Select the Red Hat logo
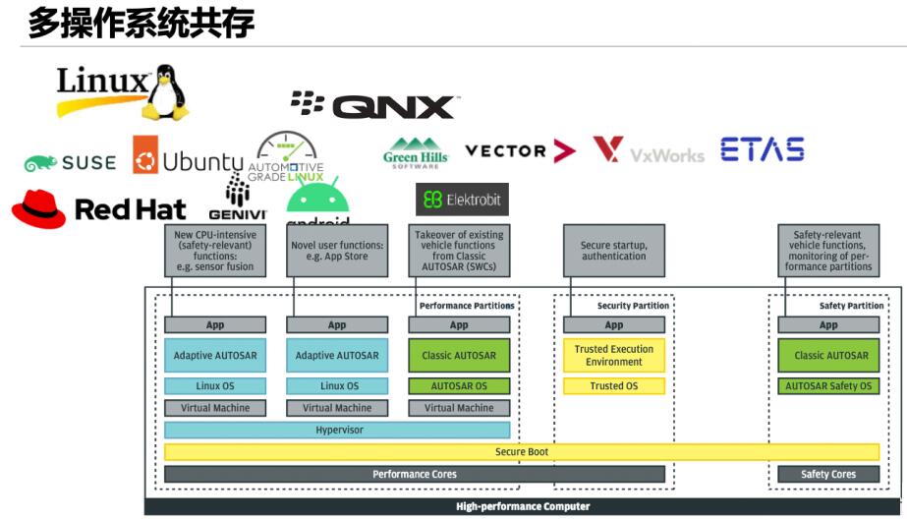point(98,208)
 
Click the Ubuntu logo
point(188,161)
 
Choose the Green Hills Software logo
point(416,153)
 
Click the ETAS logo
point(763,149)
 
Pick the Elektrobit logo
point(461,200)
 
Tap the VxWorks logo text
point(667,155)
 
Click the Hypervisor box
point(337,431)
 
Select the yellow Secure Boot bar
point(522,452)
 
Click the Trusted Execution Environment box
point(614,356)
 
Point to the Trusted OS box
point(614,386)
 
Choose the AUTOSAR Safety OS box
point(828,386)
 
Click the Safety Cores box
point(828,474)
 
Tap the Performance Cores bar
point(414,474)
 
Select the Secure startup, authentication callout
point(614,250)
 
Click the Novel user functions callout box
point(337,250)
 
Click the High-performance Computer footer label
point(523,507)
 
